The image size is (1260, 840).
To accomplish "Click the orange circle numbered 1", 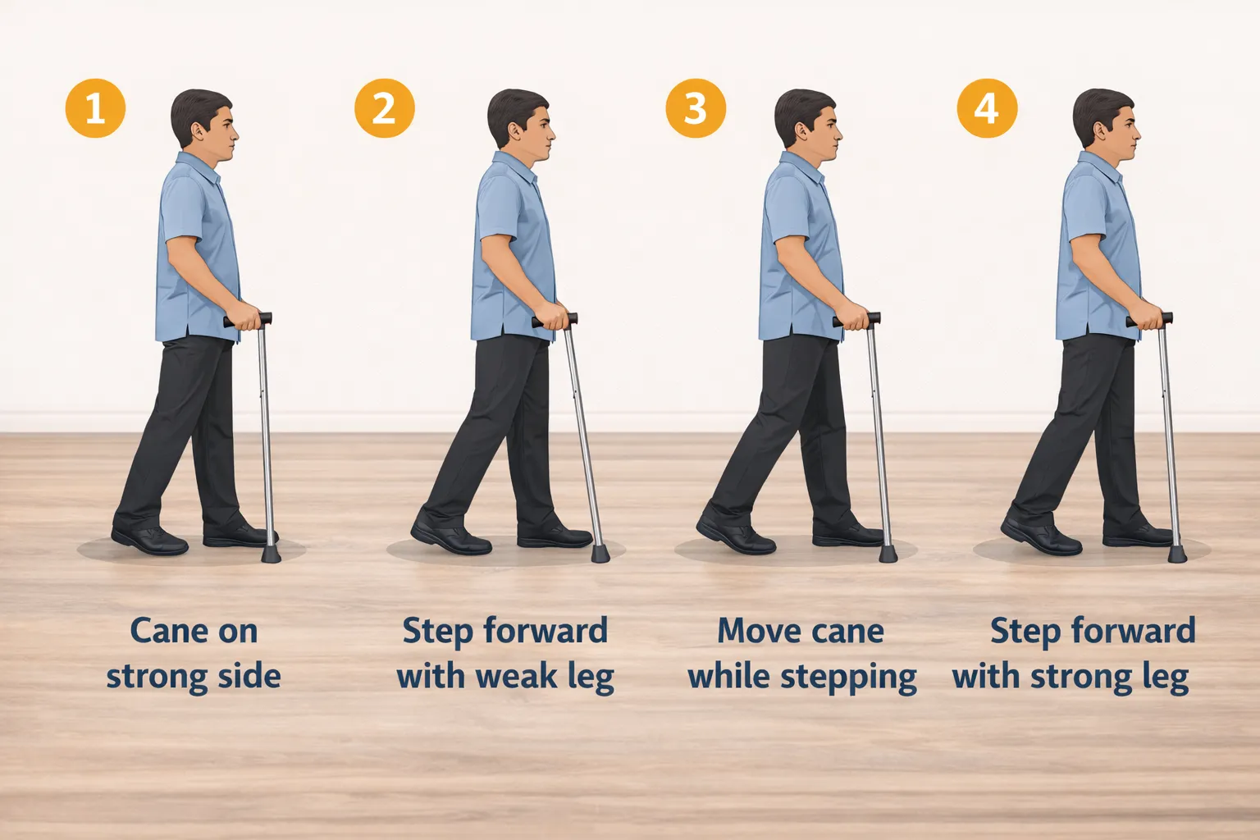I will point(95,108).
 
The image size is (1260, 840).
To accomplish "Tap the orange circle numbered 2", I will point(384,108).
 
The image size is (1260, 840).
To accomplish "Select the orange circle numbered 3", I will point(695,108).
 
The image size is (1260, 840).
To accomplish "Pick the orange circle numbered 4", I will point(986,108).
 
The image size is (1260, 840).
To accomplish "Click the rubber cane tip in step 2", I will point(600,553).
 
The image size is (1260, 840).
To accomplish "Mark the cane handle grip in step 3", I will point(856,319).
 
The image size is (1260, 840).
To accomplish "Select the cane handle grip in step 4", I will point(1149,319).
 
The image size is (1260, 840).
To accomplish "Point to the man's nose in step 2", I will point(551,133).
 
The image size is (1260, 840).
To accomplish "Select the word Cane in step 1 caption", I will point(161,631).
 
